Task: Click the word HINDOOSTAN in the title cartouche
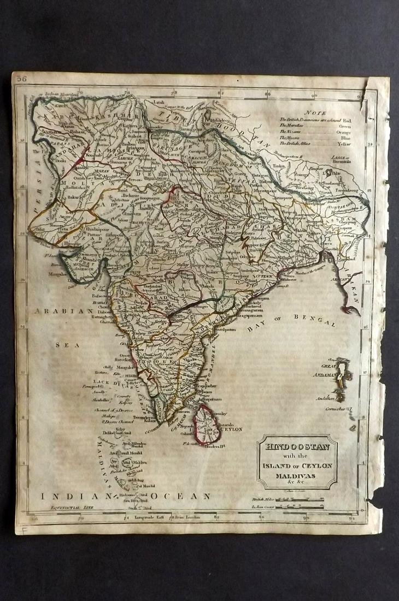pyautogui.click(x=297, y=446)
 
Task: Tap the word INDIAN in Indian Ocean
pyautogui.click(x=73, y=497)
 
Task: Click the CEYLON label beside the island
pyautogui.click(x=232, y=429)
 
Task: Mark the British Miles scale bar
pyautogui.click(x=301, y=499)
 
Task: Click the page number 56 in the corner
pyautogui.click(x=22, y=79)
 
